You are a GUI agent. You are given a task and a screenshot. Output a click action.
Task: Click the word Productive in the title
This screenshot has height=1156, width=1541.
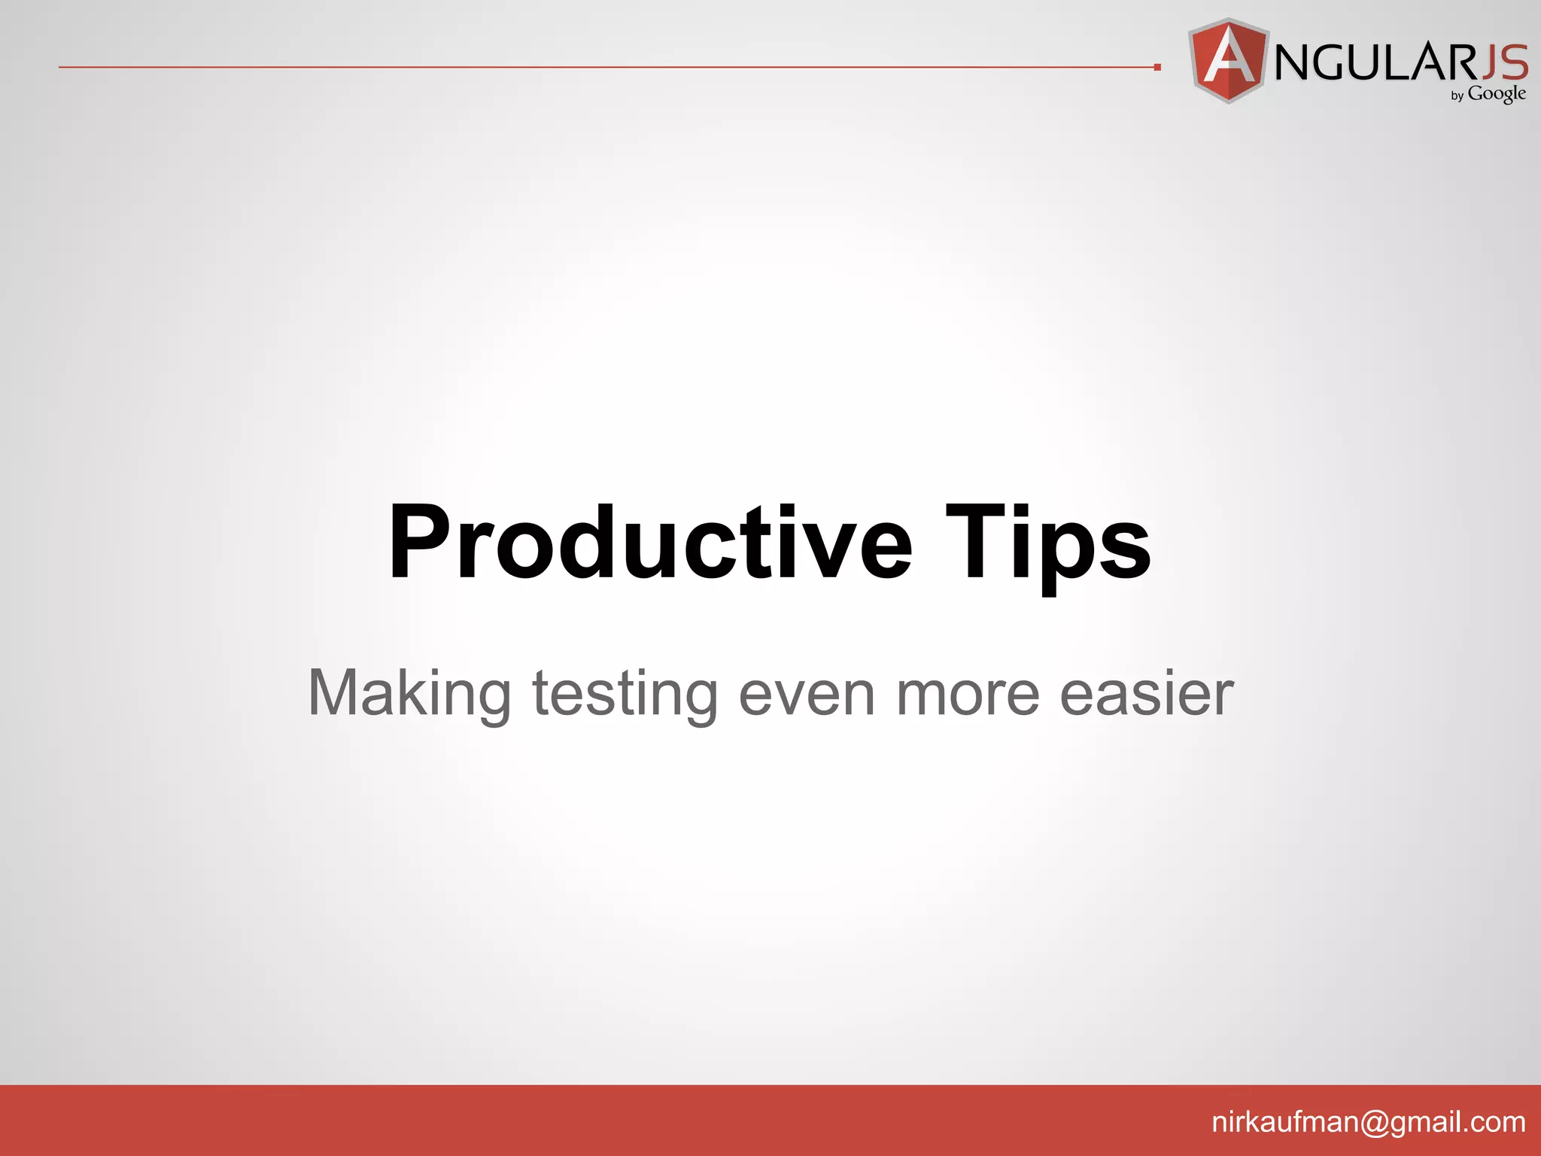pos(649,543)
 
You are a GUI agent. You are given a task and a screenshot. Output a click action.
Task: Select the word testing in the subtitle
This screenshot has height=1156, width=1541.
pos(625,694)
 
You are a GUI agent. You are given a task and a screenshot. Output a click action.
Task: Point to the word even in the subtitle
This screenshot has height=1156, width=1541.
pos(807,694)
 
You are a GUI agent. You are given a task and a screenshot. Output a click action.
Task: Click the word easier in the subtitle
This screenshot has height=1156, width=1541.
pos(1146,694)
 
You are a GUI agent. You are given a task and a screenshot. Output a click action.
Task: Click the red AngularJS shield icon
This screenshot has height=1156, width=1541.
pos(1229,60)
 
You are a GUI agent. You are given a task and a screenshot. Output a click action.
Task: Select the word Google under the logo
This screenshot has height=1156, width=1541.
pos(1497,94)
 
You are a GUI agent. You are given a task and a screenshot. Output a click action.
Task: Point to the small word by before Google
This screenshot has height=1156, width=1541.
pos(1457,96)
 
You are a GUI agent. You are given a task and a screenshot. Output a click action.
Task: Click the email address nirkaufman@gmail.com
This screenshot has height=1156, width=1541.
pos(1368,1122)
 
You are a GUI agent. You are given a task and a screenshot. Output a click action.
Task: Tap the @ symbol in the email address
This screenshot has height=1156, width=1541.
pos(1374,1122)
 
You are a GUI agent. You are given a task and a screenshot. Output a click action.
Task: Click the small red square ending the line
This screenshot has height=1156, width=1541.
pos(1157,68)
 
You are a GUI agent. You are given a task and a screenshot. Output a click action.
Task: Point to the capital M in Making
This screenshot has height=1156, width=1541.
pos(336,692)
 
